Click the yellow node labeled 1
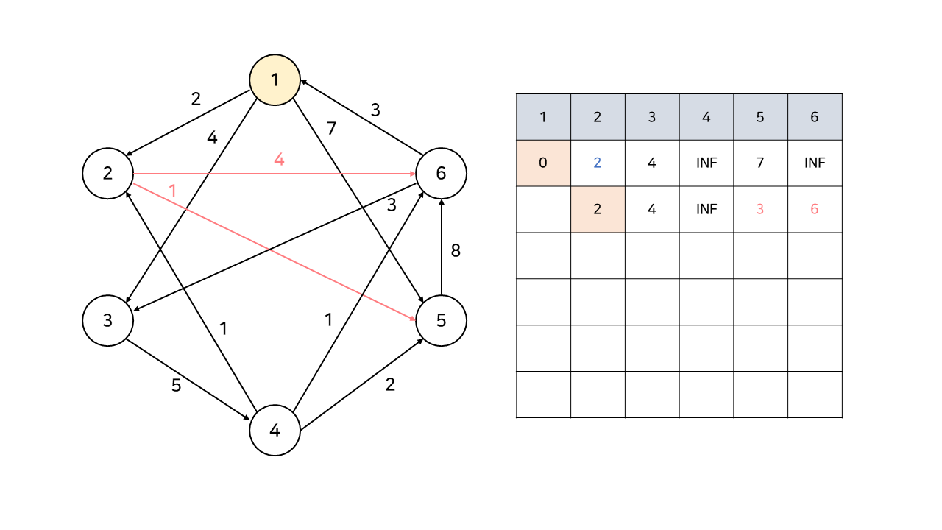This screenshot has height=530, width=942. pos(275,79)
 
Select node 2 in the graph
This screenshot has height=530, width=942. pos(107,174)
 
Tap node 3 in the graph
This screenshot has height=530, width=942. pos(107,321)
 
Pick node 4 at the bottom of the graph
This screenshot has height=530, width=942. pos(275,431)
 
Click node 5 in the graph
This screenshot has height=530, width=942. pos(441,321)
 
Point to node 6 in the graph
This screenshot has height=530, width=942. pos(441,174)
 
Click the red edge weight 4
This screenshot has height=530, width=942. pos(279,158)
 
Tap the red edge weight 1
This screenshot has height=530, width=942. pos(173,191)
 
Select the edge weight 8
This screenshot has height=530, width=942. pos(456,250)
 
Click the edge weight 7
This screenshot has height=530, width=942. pos(331,128)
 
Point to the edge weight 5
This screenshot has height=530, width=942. pos(176,386)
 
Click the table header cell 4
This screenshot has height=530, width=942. pos(706,117)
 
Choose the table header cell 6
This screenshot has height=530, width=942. pos(815,117)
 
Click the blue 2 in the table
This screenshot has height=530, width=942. pos(597,163)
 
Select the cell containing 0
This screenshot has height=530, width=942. pos(543,163)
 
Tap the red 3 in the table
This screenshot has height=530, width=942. pos(760,209)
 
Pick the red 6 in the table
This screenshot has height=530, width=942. pos(815,209)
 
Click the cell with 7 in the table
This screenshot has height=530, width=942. pos(760,163)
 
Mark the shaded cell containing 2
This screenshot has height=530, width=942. pos(597,209)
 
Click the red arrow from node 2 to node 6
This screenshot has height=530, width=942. pos(331,174)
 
